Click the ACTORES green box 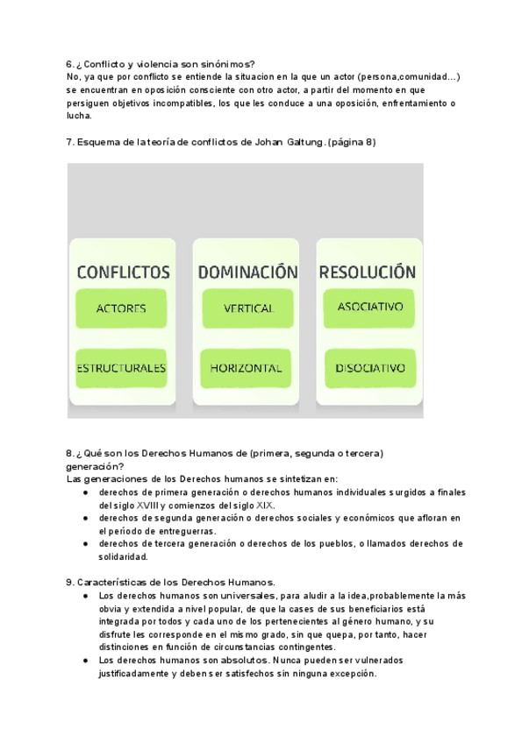(x=121, y=308)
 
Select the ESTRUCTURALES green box (x=121, y=368)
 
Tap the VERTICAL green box (x=248, y=308)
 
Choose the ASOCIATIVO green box (x=369, y=307)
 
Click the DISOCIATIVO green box (x=369, y=368)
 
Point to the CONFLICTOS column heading (x=123, y=272)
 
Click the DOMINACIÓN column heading (x=248, y=272)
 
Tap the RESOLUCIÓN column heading (x=368, y=272)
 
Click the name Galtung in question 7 (x=303, y=143)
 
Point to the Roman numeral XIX (x=262, y=506)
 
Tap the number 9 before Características (x=69, y=582)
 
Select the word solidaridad (x=124, y=556)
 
